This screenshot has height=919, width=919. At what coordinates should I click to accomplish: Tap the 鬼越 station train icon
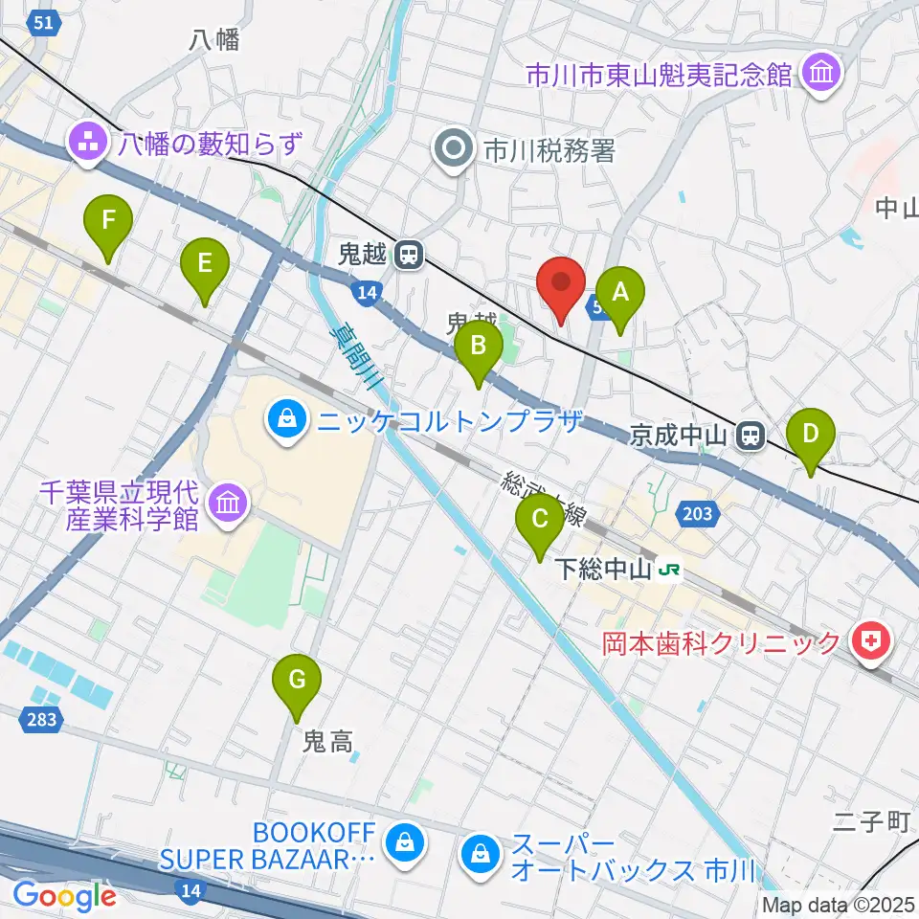tap(409, 255)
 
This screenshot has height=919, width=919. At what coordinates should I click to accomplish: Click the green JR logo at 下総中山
tap(670, 571)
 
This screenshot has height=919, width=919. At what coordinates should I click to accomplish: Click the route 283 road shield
tap(41, 719)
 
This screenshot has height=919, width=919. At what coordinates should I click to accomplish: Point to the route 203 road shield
tap(698, 514)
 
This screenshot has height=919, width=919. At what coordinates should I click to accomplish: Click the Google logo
tap(64, 896)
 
